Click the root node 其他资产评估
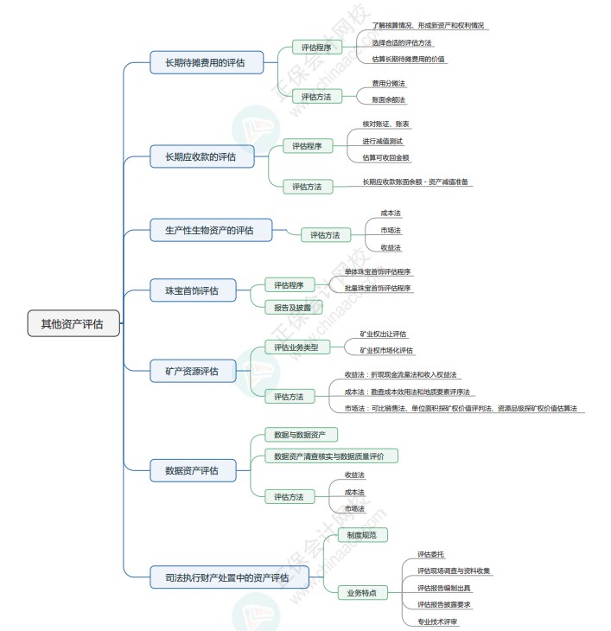click(73, 324)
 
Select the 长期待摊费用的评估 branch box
click(205, 62)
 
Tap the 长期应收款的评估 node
click(203, 156)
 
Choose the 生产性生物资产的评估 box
click(208, 230)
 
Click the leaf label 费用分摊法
click(388, 84)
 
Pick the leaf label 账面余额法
click(388, 99)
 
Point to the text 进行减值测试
click(382, 141)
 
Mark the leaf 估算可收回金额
click(385, 157)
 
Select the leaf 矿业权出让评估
click(383, 335)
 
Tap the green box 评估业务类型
click(290, 347)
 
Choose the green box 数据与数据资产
click(300, 435)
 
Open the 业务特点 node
click(361, 593)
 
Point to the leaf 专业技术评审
click(437, 621)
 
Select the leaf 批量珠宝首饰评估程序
click(378, 288)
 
